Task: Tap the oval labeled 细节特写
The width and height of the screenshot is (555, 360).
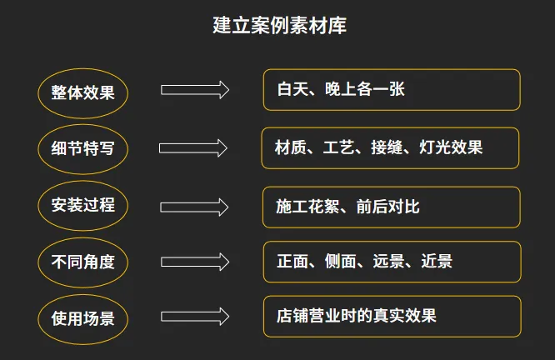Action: (x=82, y=148)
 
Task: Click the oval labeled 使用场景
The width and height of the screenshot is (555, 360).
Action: (x=82, y=317)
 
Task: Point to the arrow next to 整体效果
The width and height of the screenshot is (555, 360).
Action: (x=194, y=90)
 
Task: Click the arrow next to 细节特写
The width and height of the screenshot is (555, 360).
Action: (x=193, y=147)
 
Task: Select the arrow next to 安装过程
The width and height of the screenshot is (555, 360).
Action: (x=194, y=206)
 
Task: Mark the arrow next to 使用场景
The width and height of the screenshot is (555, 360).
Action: (x=194, y=317)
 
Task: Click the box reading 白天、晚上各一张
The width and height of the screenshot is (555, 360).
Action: (x=392, y=89)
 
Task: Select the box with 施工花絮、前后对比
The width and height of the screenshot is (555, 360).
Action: (x=392, y=206)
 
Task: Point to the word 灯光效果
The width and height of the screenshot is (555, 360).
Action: (x=449, y=148)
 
